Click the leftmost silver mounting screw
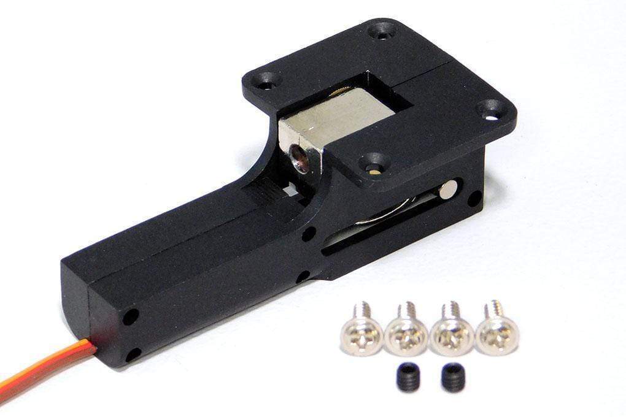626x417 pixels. pyautogui.click(x=361, y=334)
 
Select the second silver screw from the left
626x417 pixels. pyautogui.click(x=406, y=334)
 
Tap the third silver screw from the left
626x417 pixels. pyautogui.click(x=451, y=335)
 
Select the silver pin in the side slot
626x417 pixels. pyautogui.click(x=448, y=189)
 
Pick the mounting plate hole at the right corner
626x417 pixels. pyautogui.click(x=492, y=110)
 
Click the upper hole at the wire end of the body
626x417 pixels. pyautogui.click(x=129, y=316)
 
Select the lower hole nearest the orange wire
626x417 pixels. pyautogui.click(x=131, y=354)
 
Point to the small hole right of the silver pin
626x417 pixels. pyautogui.click(x=474, y=198)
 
